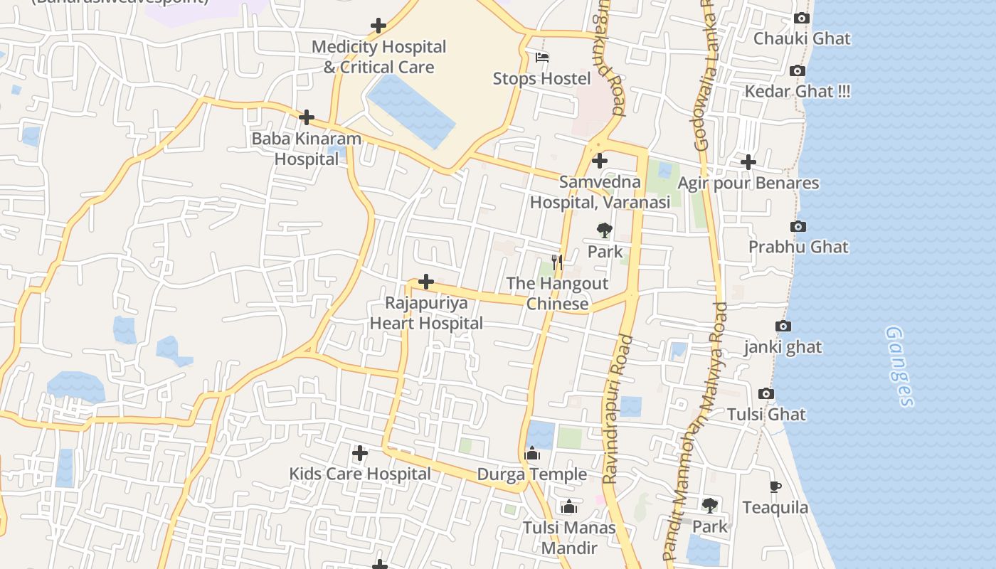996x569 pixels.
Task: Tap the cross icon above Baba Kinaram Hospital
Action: (x=307, y=117)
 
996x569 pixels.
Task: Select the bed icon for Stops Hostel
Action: (x=542, y=58)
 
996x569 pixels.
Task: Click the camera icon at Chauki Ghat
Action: (x=802, y=18)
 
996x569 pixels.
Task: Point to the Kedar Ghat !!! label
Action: (x=797, y=92)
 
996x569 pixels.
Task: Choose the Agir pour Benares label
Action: (x=748, y=183)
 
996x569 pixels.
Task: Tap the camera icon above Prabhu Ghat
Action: (x=798, y=226)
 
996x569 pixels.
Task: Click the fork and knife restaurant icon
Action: (x=557, y=262)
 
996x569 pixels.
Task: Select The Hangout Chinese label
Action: (x=557, y=294)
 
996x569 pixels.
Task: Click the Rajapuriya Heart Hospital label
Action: (x=426, y=313)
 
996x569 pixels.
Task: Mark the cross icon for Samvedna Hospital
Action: (x=600, y=161)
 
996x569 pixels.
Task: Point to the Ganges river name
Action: (x=900, y=366)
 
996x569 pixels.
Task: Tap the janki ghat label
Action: (x=783, y=347)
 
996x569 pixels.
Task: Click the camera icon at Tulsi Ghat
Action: (x=766, y=393)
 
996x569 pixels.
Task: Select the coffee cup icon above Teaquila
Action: (x=775, y=486)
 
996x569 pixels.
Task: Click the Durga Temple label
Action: (x=532, y=474)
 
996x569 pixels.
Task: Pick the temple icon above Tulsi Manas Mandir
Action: (x=568, y=506)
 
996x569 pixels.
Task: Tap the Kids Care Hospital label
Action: (x=360, y=474)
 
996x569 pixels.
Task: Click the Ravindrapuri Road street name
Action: (x=618, y=410)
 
